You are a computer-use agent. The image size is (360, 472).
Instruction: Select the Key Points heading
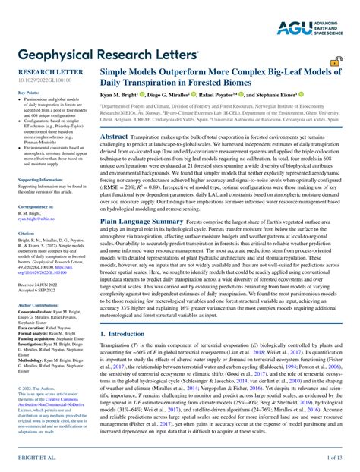pos(28,93)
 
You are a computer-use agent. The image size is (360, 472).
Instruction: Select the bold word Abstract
pos(114,137)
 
